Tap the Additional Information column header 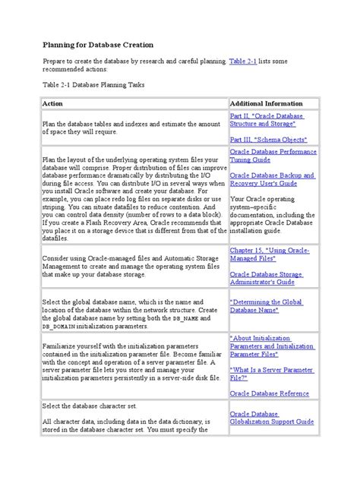[x=267, y=102]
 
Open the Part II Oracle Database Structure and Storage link [x=267, y=120]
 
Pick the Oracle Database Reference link [x=269, y=393]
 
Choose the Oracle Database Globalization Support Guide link [x=273, y=418]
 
